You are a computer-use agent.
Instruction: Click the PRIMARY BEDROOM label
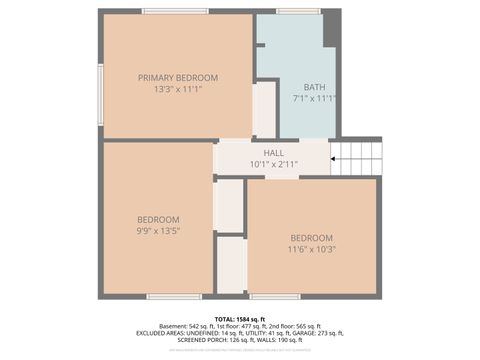click(x=174, y=77)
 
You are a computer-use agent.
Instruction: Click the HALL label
click(x=273, y=153)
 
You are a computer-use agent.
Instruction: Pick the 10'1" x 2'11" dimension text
click(x=273, y=163)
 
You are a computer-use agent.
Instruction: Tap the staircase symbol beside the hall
click(x=355, y=157)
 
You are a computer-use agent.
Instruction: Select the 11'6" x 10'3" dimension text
click(x=312, y=249)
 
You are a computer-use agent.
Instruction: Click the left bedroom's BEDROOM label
click(x=159, y=219)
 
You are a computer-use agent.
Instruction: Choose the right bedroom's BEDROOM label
click(x=312, y=238)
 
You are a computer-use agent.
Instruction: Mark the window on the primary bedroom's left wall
click(x=100, y=94)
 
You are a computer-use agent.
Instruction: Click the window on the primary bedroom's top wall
click(x=175, y=11)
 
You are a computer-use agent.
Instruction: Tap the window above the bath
click(x=298, y=11)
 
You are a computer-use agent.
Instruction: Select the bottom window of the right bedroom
click(x=275, y=296)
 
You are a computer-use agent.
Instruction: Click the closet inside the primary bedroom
click(x=264, y=108)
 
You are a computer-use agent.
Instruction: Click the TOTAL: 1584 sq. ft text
click(x=240, y=318)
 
